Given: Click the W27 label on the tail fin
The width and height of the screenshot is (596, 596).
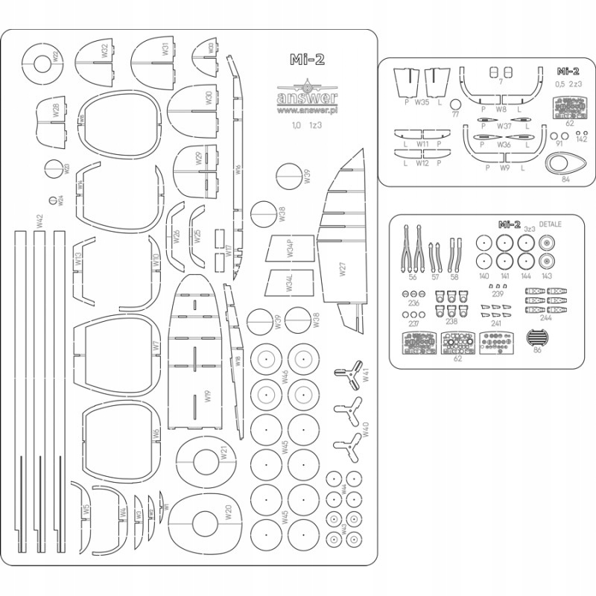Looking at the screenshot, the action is click(x=342, y=270).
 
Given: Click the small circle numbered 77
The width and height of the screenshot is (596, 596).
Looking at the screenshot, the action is click(x=455, y=114).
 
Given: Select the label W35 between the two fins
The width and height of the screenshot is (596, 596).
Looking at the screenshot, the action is click(x=422, y=102).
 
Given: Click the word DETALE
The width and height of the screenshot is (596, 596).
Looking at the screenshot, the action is click(x=550, y=223).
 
